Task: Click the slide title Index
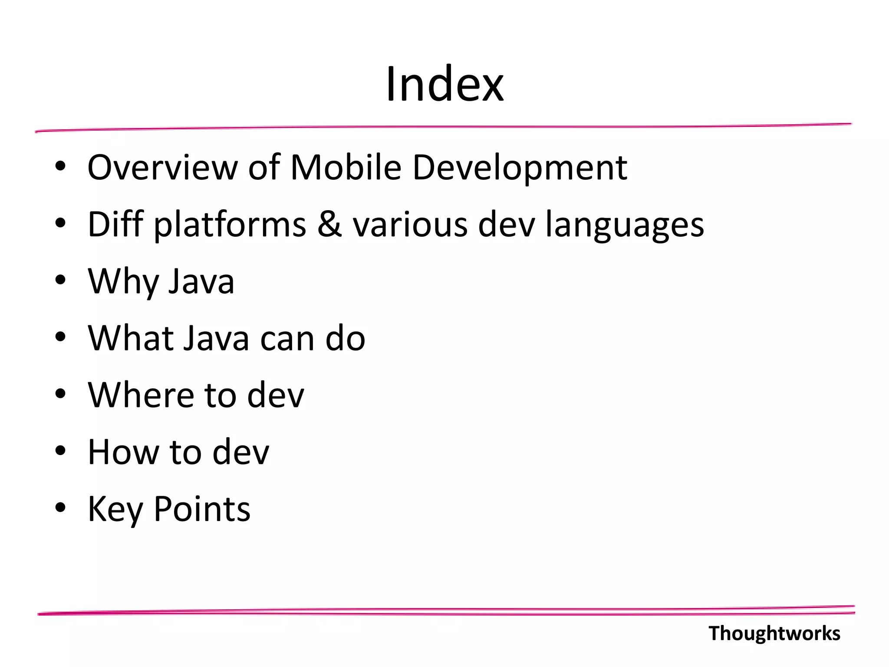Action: [444, 84]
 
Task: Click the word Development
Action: [520, 168]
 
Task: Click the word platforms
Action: [230, 225]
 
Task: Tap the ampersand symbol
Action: [329, 224]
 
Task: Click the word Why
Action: [123, 282]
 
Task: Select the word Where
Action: [141, 395]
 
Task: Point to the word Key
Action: [115, 509]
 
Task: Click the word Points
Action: [202, 509]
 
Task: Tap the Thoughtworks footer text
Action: [774, 633]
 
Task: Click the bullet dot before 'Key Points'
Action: [60, 508]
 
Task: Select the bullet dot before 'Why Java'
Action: [60, 280]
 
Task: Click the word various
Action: [410, 224]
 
